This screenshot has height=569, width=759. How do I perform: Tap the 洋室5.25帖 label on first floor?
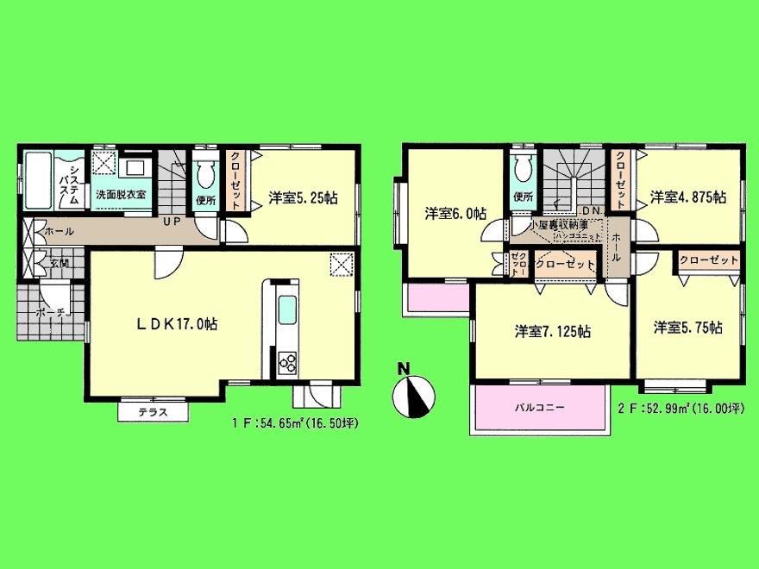coord(302,197)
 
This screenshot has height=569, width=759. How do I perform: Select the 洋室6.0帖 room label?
coord(455,212)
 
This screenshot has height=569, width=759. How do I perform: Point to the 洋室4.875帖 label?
coord(687,197)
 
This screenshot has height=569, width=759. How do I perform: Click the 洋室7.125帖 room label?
coord(552,330)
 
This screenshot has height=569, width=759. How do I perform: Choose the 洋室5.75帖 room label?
coord(687,328)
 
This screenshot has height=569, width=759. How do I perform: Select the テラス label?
coord(153,413)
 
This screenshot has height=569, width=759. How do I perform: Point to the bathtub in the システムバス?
coord(39,182)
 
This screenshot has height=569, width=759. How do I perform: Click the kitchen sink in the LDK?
coord(287,309)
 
